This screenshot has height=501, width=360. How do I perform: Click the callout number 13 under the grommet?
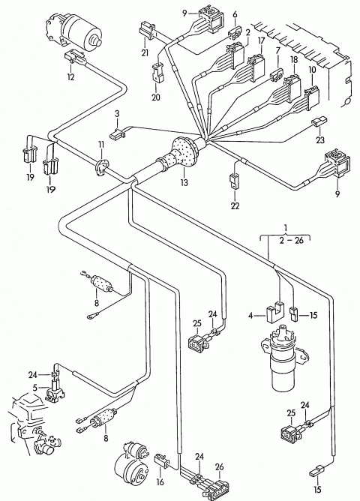(x=184, y=182)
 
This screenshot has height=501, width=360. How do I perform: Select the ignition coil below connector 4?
(x=283, y=358)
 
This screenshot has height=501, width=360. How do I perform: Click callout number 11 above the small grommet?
(x=101, y=145)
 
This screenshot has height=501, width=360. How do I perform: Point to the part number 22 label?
(x=235, y=205)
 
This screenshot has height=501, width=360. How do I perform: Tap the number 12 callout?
(x=70, y=77)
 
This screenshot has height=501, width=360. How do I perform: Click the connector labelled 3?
(x=117, y=134)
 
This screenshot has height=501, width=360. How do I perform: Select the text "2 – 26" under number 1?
(x=290, y=240)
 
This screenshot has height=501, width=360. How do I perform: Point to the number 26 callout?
(x=219, y=466)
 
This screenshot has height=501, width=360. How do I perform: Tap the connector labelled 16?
(x=162, y=460)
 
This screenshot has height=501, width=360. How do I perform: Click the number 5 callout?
(x=34, y=388)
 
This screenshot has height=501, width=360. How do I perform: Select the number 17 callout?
(x=261, y=41)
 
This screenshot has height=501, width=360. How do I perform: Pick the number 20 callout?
(x=155, y=97)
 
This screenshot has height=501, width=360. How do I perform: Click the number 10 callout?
(x=312, y=69)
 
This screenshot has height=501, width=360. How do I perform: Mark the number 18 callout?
(x=294, y=60)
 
